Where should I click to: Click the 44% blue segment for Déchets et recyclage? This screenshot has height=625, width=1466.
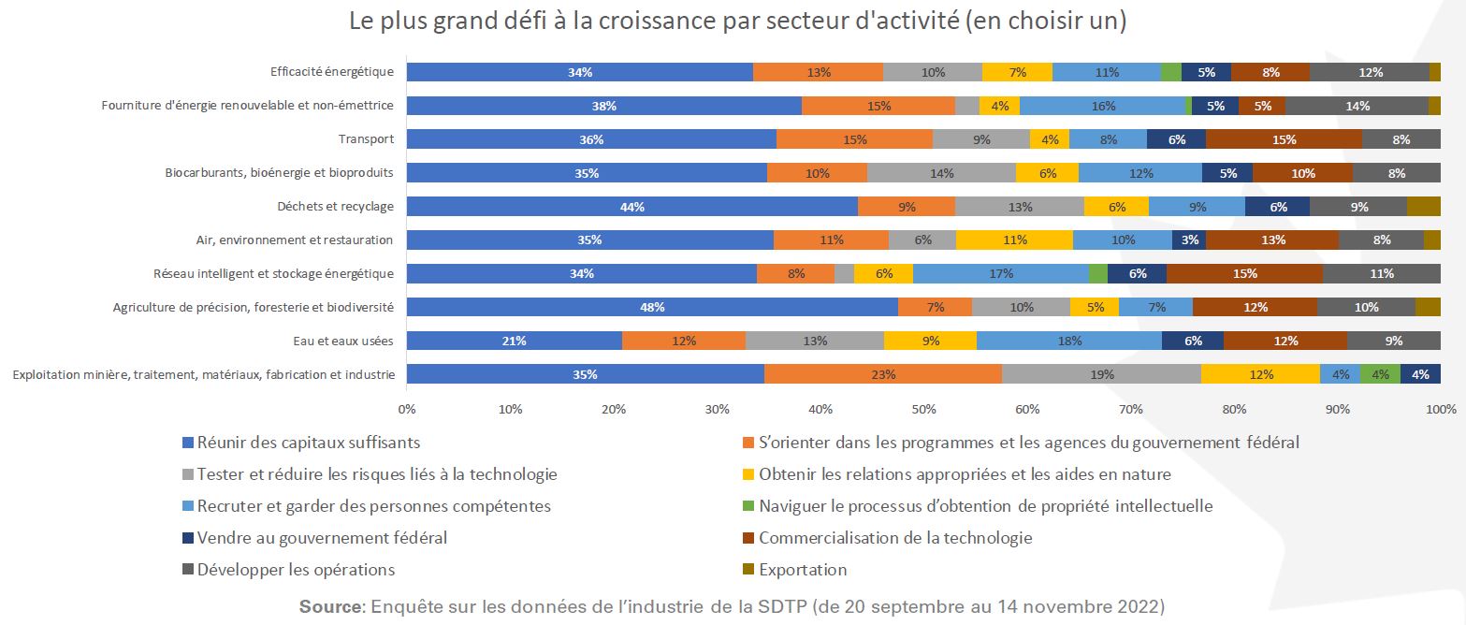point(632,207)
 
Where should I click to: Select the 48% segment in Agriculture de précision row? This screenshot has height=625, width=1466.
point(652,307)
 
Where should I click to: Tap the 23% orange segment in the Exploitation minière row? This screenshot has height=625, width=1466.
point(883,374)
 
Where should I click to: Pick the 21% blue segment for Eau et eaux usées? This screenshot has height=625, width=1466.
point(514,341)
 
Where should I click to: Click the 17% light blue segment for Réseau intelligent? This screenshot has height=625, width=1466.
point(1001,274)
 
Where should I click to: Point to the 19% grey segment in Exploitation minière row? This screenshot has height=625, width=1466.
point(1101,374)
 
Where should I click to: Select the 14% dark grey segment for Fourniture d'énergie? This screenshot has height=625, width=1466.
point(1357,106)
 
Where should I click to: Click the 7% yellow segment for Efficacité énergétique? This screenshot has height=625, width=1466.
point(1017,72)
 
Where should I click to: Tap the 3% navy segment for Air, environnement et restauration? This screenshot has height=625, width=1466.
point(1188,240)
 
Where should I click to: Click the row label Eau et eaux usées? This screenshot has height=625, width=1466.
point(348,341)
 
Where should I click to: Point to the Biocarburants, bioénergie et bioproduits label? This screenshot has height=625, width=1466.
point(280,173)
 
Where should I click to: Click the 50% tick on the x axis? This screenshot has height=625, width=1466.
point(923,410)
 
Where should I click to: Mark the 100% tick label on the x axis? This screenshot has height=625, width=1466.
point(1440,410)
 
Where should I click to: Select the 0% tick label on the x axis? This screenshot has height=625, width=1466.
point(407,410)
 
